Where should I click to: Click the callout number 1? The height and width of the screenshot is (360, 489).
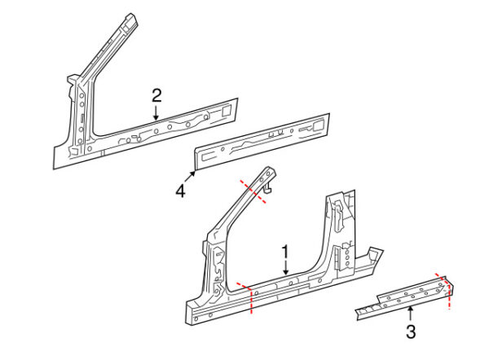[285, 252]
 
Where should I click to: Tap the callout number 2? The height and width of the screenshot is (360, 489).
[156, 95]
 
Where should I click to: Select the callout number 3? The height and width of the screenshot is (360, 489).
[411, 331]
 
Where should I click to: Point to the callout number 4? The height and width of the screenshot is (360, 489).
[181, 191]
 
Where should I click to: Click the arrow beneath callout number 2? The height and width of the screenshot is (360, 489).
[156, 112]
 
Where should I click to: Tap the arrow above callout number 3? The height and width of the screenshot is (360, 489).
[411, 314]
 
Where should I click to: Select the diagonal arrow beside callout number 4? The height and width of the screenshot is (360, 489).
[190, 177]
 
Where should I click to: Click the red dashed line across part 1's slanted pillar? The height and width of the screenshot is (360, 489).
[253, 191]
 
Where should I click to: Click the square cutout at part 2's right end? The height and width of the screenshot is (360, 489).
[226, 111]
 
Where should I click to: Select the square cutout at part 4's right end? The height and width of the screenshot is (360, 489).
[318, 126]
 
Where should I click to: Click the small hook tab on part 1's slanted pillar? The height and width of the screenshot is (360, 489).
[267, 188]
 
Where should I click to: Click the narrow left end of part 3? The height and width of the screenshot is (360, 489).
[358, 314]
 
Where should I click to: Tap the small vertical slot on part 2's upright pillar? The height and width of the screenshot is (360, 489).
[82, 118]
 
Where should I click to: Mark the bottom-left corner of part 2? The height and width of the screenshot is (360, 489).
[54, 169]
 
